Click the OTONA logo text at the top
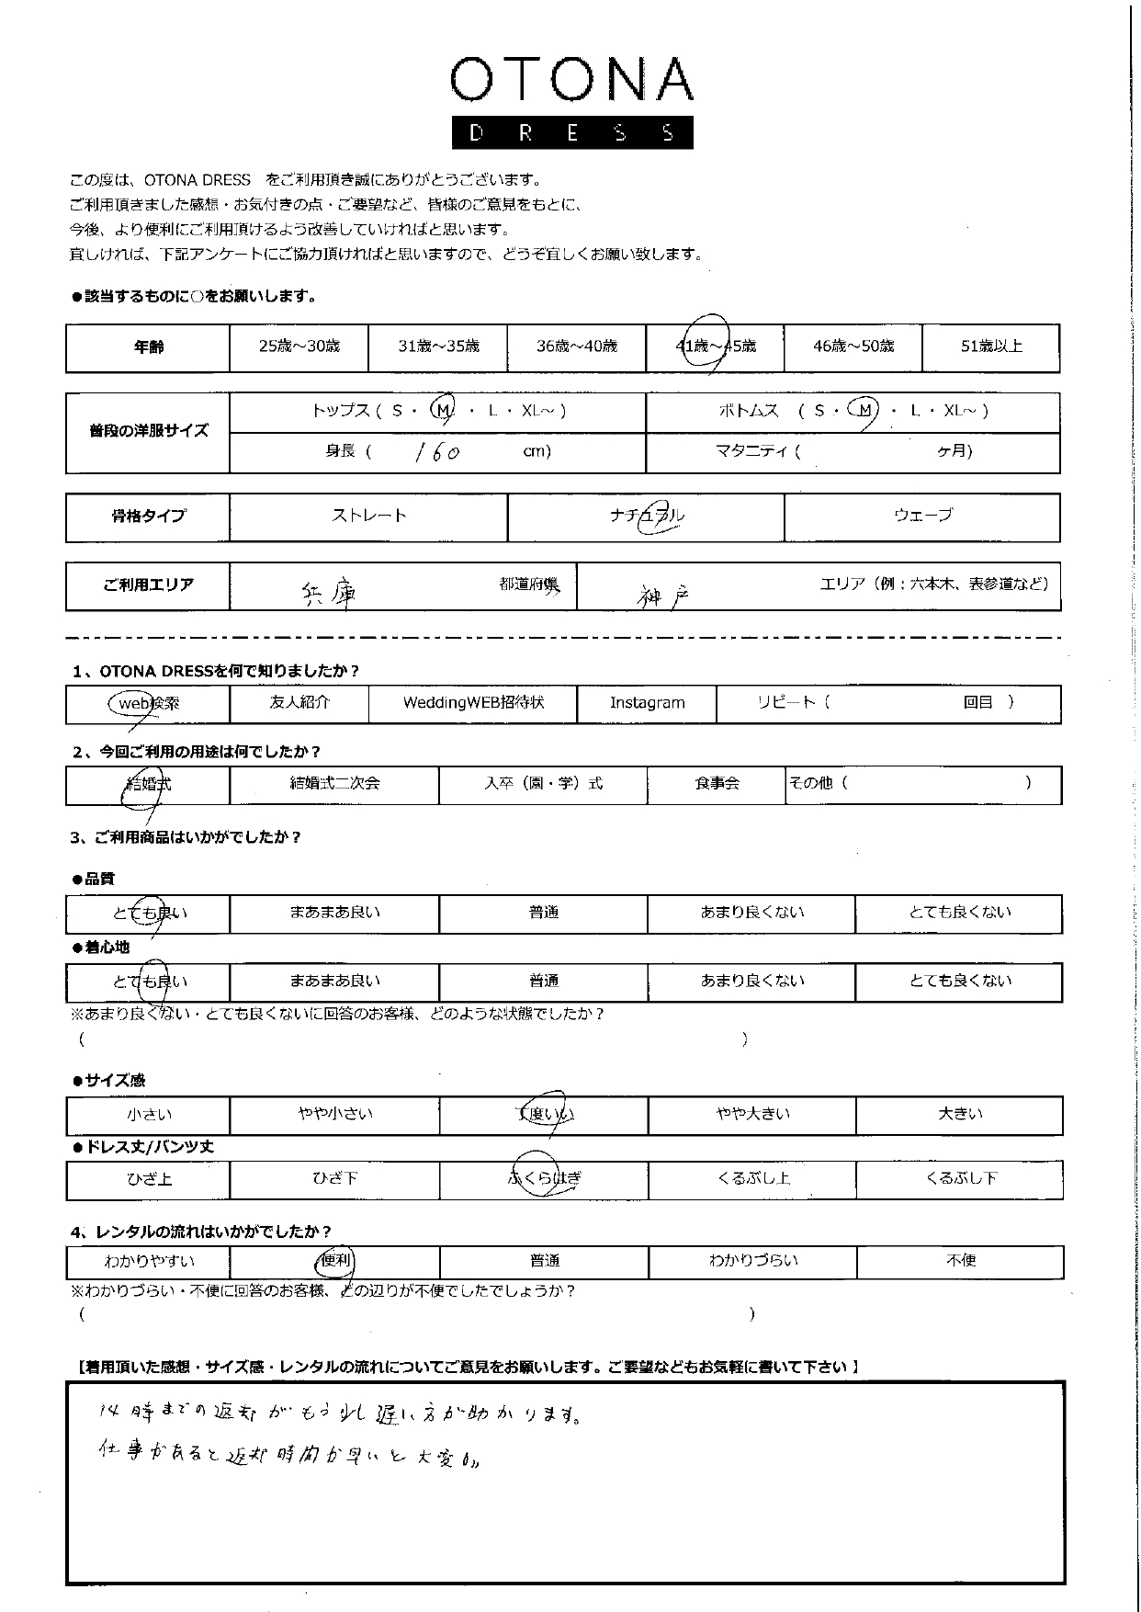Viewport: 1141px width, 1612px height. point(571,80)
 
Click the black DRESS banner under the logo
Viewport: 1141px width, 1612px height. point(571,133)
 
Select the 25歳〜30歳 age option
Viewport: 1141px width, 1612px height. point(299,346)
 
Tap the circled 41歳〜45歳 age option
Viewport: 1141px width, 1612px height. point(715,346)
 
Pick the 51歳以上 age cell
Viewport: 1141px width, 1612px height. point(990,346)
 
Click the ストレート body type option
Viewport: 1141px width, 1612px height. point(368,516)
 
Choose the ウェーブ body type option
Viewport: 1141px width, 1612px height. point(922,516)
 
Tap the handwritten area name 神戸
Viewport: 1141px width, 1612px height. point(663,596)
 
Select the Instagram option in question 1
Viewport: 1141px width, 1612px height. point(647,703)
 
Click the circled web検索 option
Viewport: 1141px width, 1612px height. point(147,703)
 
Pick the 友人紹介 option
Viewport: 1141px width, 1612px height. point(299,703)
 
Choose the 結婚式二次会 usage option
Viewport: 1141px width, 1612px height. point(334,784)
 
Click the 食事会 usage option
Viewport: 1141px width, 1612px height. point(717,784)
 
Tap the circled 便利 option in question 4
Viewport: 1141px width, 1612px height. point(335,1261)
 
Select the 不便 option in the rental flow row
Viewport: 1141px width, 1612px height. point(960,1261)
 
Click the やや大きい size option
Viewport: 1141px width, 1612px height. point(752,1115)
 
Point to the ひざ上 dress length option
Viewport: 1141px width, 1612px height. point(149,1179)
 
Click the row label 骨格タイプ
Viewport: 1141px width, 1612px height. point(148,517)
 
